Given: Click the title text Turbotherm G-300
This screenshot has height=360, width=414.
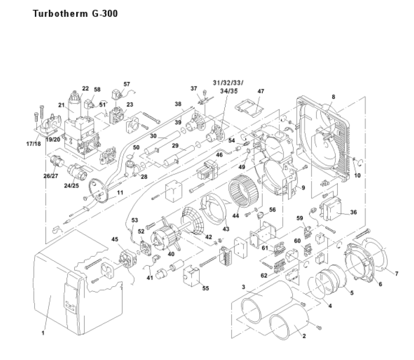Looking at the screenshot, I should (75, 14).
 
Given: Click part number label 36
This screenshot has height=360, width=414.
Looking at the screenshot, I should (353, 212).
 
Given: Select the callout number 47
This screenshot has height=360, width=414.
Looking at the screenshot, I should (261, 92).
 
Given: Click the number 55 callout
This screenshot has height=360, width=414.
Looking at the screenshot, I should (205, 288).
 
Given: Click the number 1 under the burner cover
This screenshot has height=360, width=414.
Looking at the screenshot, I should (42, 333).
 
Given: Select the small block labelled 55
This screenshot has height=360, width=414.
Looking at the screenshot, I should (190, 276).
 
